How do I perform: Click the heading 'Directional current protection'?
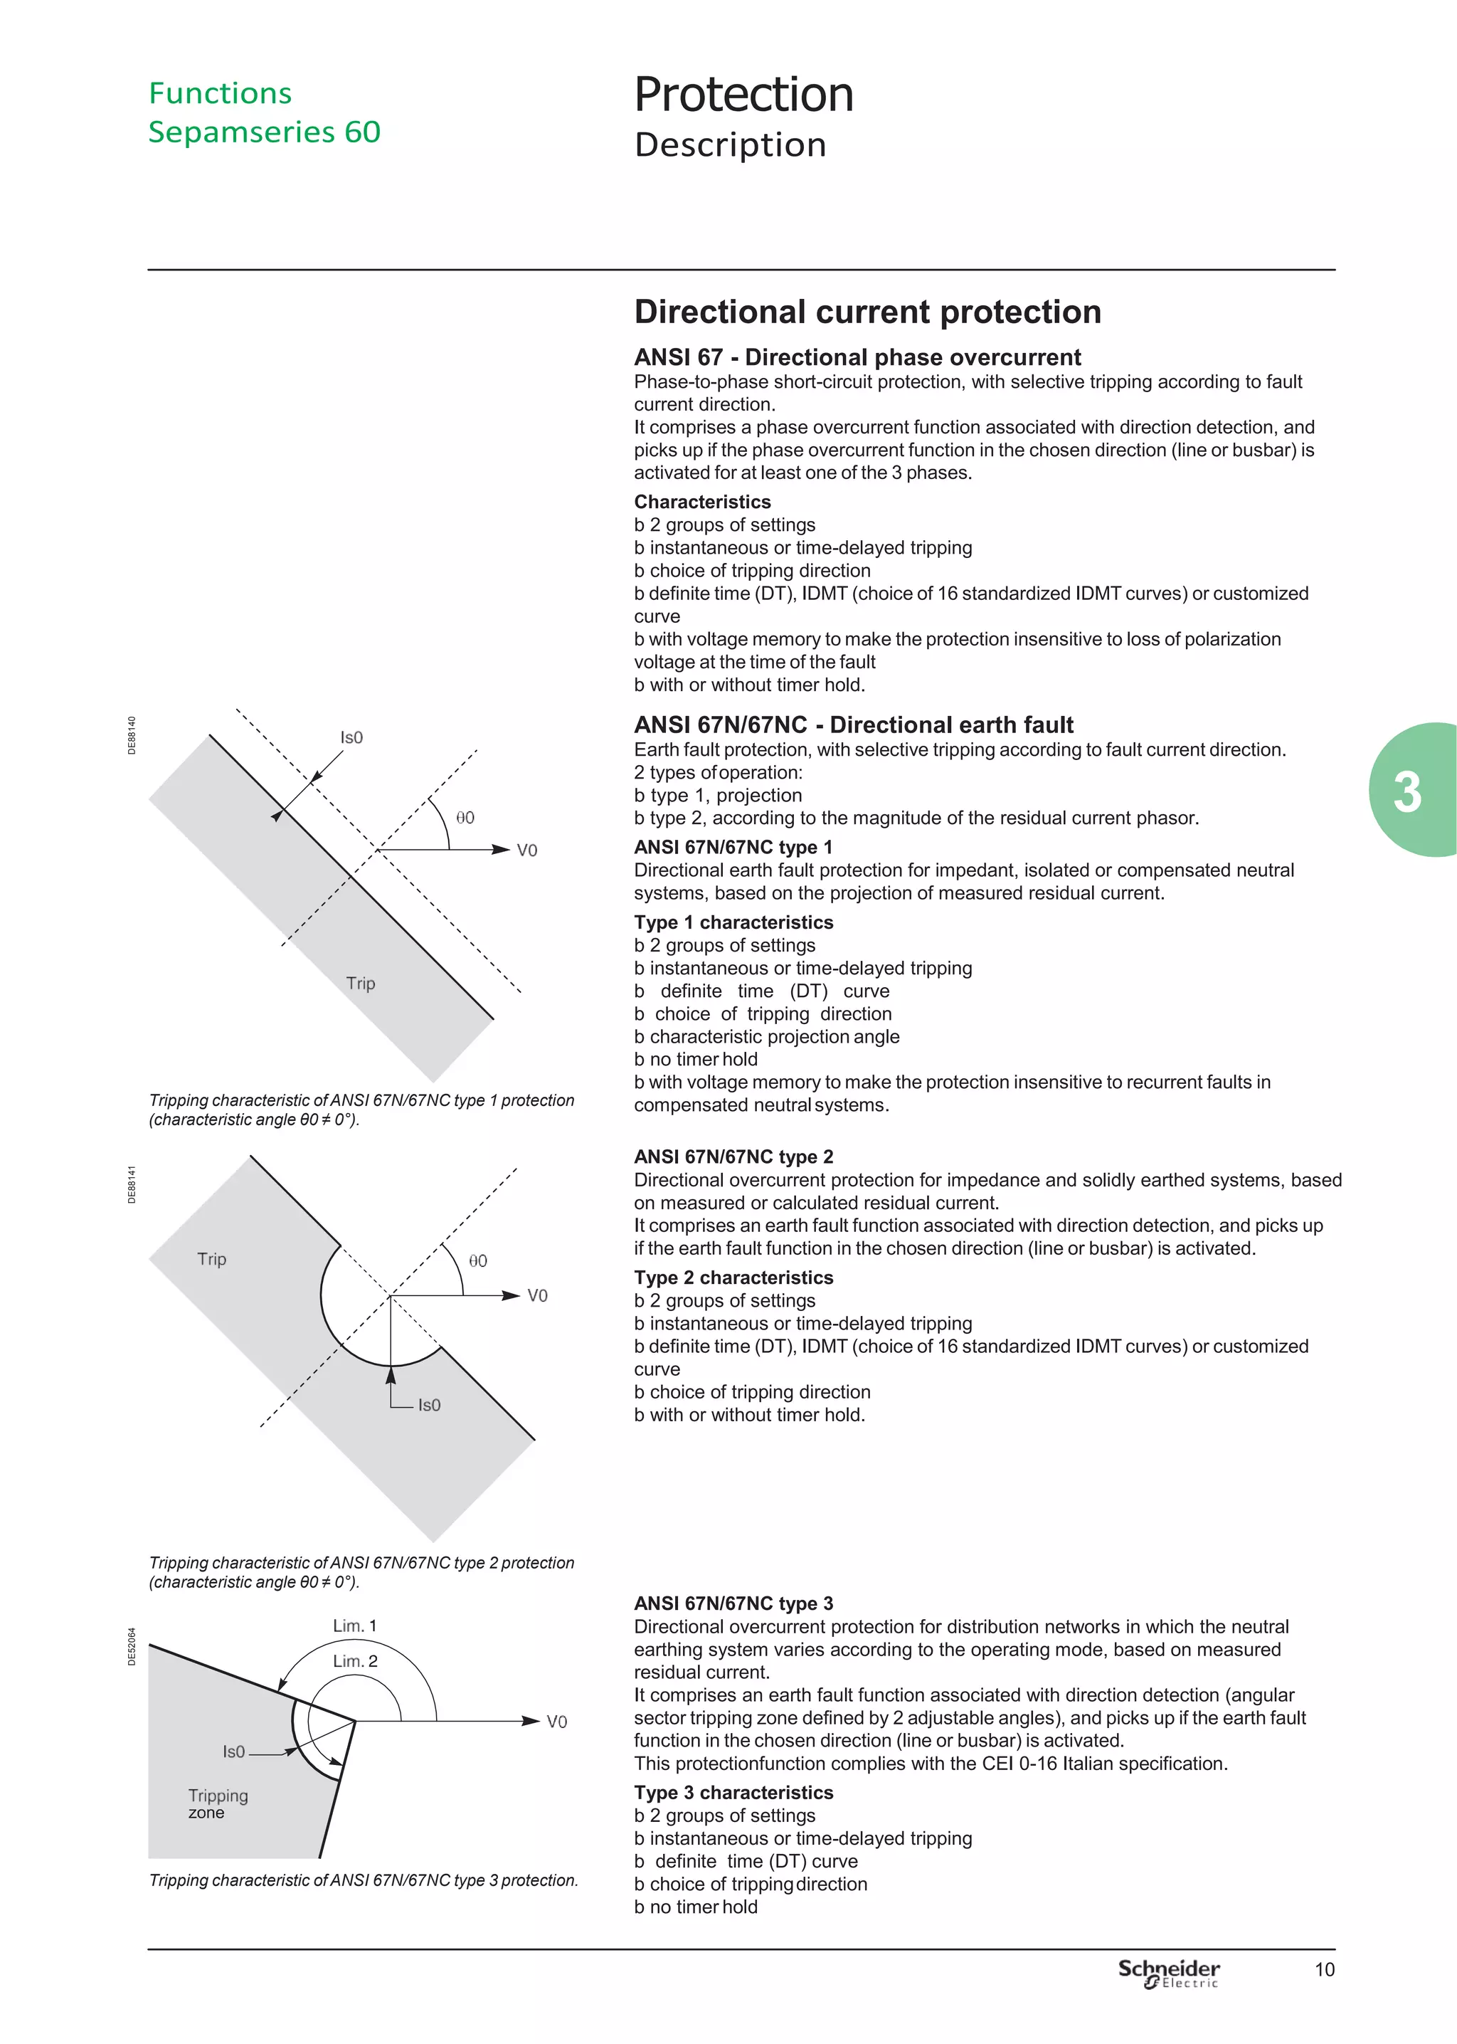coord(867,311)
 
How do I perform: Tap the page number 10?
coord(1324,1969)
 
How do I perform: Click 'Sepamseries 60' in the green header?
coord(264,132)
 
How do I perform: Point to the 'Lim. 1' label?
coord(354,1626)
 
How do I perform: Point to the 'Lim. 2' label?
coord(354,1661)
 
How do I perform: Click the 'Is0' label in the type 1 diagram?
coord(351,737)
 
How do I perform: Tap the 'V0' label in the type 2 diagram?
coord(536,1296)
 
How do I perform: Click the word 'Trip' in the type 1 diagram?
coord(361,984)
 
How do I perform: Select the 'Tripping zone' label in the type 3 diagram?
coord(217,1803)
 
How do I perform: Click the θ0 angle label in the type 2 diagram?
coord(477,1260)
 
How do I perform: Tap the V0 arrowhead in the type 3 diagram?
coord(531,1721)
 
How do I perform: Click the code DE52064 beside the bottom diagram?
coord(132,1646)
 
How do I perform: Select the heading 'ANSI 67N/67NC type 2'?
coord(733,1157)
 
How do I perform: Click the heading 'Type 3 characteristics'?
coord(733,1792)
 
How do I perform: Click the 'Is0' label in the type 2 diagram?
coord(429,1405)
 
